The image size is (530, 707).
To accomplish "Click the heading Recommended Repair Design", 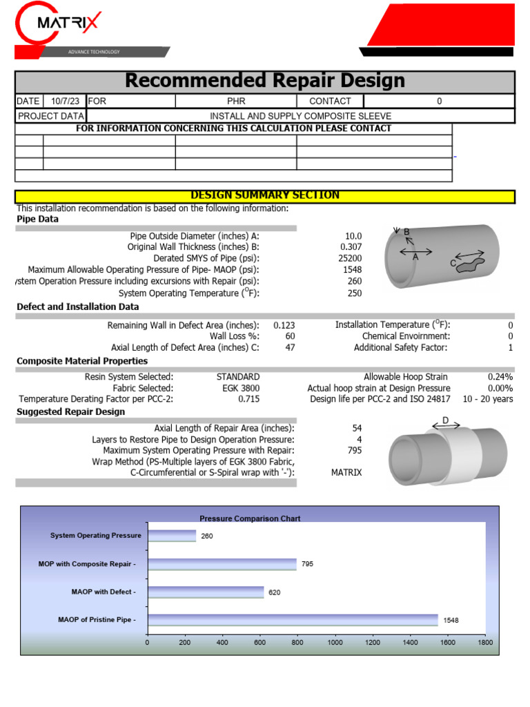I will (264, 81).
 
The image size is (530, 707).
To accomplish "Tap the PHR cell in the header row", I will (236, 101).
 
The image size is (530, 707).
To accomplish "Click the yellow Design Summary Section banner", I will (264, 195).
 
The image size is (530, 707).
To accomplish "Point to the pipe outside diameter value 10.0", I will (353, 235).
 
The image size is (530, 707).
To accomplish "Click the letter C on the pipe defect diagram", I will (453, 263).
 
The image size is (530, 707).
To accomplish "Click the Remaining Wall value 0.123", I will (284, 325).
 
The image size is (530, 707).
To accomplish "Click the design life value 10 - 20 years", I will (488, 399).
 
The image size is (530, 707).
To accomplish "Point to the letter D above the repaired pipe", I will (445, 420).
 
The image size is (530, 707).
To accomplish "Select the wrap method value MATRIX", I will (346, 472).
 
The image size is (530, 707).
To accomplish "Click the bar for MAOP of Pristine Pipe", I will (293, 620).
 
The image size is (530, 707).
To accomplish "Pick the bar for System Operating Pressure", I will (172, 536).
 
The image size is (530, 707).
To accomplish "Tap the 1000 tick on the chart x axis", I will (335, 643).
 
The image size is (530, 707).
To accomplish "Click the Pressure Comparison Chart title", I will (250, 518).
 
